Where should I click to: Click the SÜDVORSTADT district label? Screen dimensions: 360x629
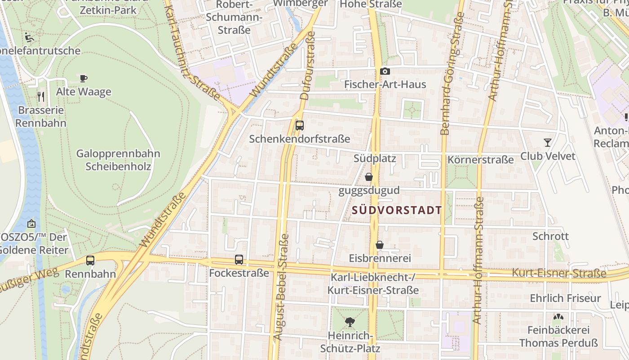tap(397, 210)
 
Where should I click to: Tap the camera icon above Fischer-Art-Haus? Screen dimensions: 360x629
tap(385, 71)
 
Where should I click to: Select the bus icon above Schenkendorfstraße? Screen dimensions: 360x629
tap(300, 126)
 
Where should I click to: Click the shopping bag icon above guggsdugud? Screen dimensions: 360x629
tap(369, 177)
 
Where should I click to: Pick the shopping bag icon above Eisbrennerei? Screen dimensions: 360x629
tap(380, 245)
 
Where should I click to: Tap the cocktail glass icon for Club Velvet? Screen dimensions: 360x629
tap(547, 143)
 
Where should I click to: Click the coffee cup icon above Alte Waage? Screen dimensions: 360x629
tap(84, 78)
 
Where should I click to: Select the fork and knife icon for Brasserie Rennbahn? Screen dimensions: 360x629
tap(41, 96)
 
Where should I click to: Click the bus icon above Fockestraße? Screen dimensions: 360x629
tap(239, 260)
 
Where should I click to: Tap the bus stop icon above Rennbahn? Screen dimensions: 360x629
tap(90, 260)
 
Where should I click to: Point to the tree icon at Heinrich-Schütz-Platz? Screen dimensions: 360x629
tap(350, 322)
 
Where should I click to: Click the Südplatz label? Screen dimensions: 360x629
tap(375, 158)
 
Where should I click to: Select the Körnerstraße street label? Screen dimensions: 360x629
tap(480, 160)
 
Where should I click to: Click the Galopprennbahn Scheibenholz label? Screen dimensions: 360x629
tap(118, 160)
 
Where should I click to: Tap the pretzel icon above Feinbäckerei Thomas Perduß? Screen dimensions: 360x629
tap(558, 317)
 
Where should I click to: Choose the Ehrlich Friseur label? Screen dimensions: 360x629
tap(565, 298)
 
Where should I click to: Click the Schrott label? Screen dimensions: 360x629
tap(550, 236)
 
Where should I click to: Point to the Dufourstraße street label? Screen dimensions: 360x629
tap(306, 65)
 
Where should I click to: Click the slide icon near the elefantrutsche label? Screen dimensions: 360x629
tap(30, 37)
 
